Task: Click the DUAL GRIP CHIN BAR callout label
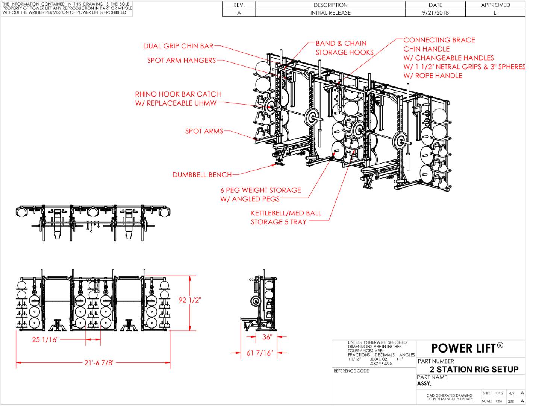[178, 46]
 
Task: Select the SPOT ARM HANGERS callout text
[182, 60]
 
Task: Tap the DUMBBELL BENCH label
[202, 174]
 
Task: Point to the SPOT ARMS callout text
[204, 131]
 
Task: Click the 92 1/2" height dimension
[190, 300]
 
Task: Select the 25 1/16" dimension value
[45, 339]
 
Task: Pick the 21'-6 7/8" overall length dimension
[99, 362]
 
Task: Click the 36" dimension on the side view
[267, 337]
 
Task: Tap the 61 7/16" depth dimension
[260, 353]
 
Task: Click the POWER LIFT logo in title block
[467, 348]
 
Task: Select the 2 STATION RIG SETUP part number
[474, 369]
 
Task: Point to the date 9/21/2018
[435, 13]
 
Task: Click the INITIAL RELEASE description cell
[330, 13]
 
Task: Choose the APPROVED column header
[495, 5]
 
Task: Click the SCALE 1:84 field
[492, 401]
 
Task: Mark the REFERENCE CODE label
[351, 371]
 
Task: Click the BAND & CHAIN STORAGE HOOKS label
[345, 48]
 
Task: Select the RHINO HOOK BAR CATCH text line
[178, 94]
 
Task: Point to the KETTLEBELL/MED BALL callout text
[286, 213]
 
